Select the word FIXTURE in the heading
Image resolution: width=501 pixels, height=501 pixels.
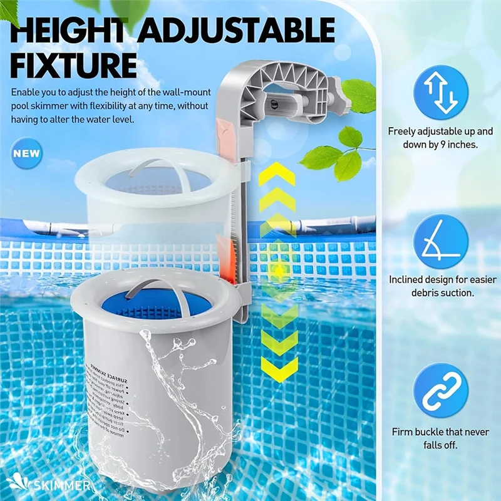point(73,65)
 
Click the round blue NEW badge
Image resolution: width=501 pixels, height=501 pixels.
point(27,153)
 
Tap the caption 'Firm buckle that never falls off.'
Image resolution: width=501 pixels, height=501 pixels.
point(441,438)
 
